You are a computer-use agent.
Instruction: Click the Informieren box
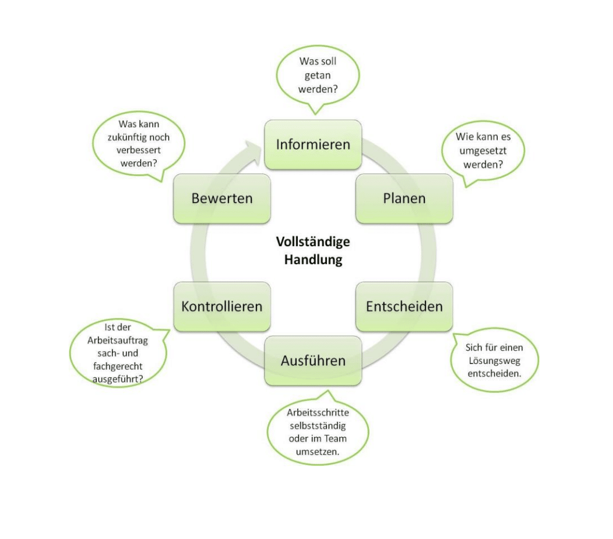coord(313,145)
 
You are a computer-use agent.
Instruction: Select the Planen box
coord(404,198)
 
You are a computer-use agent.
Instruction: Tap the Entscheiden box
coord(404,306)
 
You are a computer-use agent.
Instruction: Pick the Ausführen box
coord(313,360)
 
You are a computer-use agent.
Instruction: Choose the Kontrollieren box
coord(221,306)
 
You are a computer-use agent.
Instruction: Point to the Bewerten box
coord(221,198)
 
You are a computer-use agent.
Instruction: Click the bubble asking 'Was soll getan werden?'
coord(318,76)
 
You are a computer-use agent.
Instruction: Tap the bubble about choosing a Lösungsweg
coord(494,360)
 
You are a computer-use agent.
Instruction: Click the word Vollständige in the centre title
coord(313,242)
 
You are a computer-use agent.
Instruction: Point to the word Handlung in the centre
coord(313,260)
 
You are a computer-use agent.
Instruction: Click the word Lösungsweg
coord(494,360)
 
